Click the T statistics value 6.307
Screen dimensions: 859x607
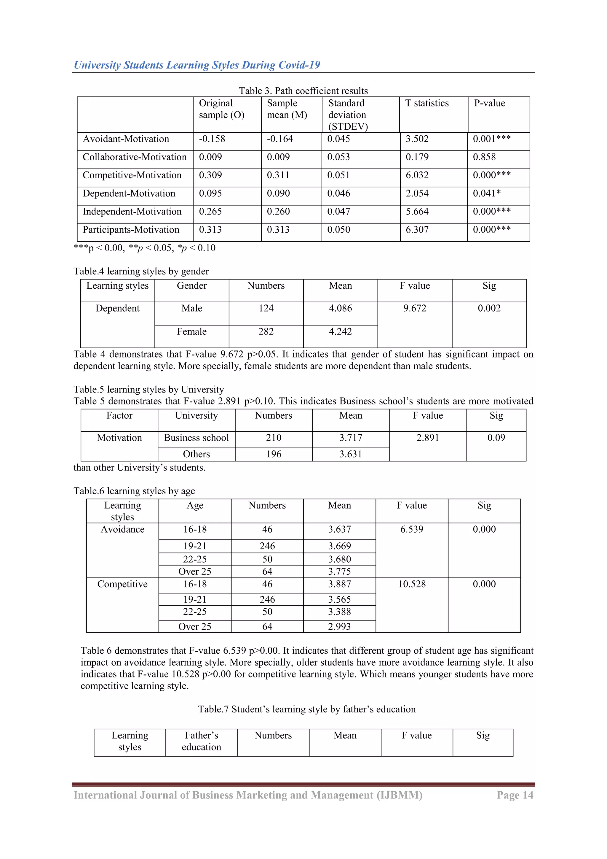click(x=417, y=230)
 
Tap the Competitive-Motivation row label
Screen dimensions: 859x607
click(x=132, y=175)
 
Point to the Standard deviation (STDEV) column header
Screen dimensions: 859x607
click(x=348, y=115)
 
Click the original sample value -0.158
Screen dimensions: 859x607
click(x=212, y=139)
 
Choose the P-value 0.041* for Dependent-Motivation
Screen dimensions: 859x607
click(x=486, y=193)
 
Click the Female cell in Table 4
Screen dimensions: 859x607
click(x=191, y=331)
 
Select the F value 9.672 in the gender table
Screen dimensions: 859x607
click(x=415, y=308)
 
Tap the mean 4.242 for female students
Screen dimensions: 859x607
click(x=340, y=331)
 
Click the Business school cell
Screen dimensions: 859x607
click(x=196, y=438)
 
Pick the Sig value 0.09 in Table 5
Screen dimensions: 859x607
click(x=496, y=438)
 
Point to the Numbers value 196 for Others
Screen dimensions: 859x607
click(x=274, y=454)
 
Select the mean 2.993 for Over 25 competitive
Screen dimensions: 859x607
click(x=339, y=626)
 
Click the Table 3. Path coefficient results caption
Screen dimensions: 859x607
click(x=303, y=91)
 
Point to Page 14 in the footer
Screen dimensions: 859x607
click(x=515, y=795)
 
